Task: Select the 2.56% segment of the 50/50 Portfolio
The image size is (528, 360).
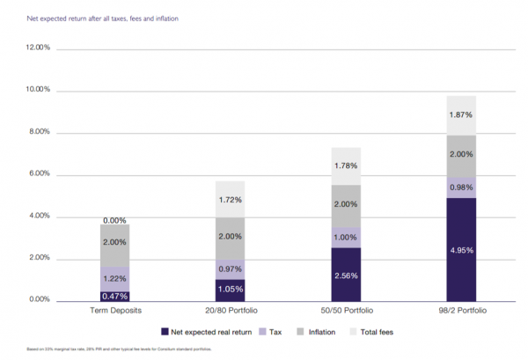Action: click(345, 275)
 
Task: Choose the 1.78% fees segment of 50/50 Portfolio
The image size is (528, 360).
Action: click(345, 166)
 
